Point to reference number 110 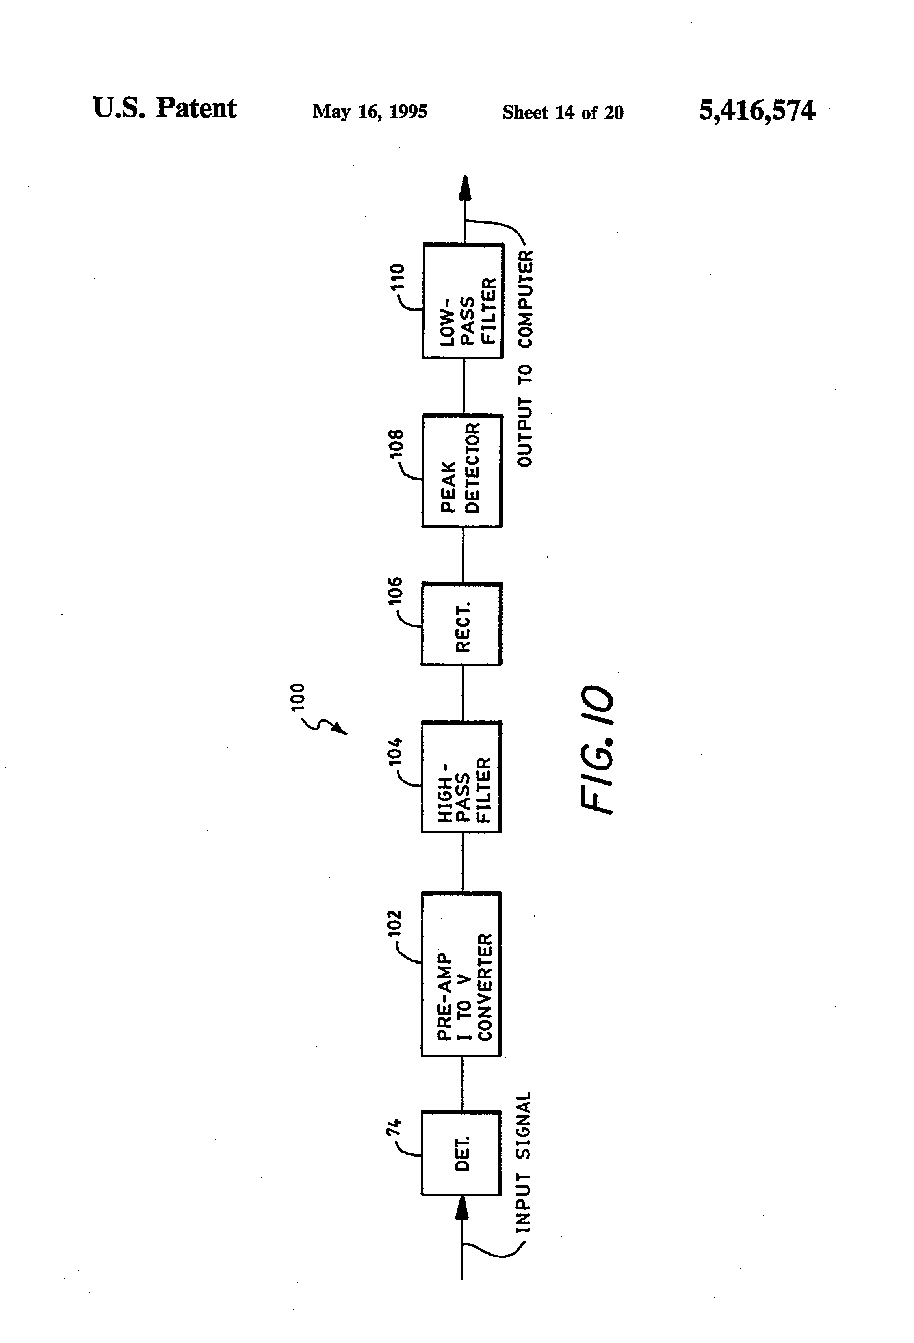tap(398, 277)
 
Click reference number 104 tap(395, 751)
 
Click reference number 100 tap(297, 698)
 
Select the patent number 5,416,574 tap(757, 110)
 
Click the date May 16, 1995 tap(370, 112)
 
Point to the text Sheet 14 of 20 tap(563, 112)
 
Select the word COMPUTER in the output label tap(526, 299)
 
